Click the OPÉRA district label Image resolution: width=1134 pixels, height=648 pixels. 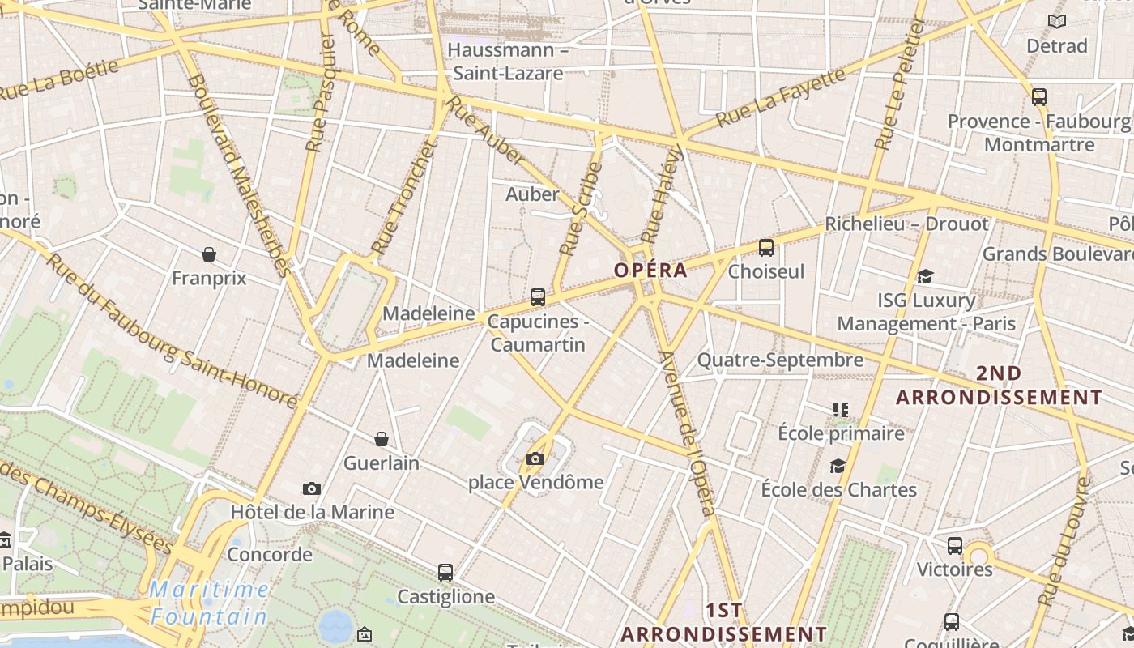point(650,271)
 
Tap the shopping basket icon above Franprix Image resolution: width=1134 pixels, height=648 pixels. point(209,254)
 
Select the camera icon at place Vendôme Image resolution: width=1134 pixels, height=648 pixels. point(535,459)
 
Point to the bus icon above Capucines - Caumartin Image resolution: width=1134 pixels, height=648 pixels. point(538,297)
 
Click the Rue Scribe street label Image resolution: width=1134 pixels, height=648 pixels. point(581,209)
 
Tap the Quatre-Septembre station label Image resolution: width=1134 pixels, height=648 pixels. point(780,360)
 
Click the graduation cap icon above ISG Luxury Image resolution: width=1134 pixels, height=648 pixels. point(925,277)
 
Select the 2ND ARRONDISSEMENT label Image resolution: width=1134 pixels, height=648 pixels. point(999,385)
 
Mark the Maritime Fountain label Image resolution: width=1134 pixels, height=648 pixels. point(209,603)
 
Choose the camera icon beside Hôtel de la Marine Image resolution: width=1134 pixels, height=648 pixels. point(312,488)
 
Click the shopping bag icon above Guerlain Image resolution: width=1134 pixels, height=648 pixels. point(382,439)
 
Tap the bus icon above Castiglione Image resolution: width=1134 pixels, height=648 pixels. point(446,573)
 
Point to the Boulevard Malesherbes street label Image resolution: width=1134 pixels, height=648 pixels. point(238,174)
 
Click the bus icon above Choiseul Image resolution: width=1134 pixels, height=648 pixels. point(766,248)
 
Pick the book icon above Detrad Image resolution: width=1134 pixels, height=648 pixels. point(1057,21)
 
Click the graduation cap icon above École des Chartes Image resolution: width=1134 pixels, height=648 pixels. point(838,466)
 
